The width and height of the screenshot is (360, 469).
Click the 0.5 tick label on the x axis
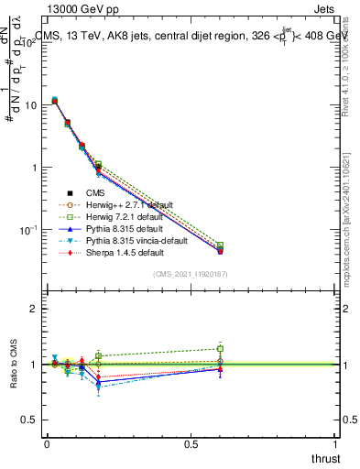[x=191, y=444]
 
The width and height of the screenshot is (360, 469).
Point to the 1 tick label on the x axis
[x=336, y=444]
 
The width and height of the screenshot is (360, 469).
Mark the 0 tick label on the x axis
[x=47, y=444]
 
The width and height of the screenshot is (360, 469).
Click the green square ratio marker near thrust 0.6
[x=220, y=348]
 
